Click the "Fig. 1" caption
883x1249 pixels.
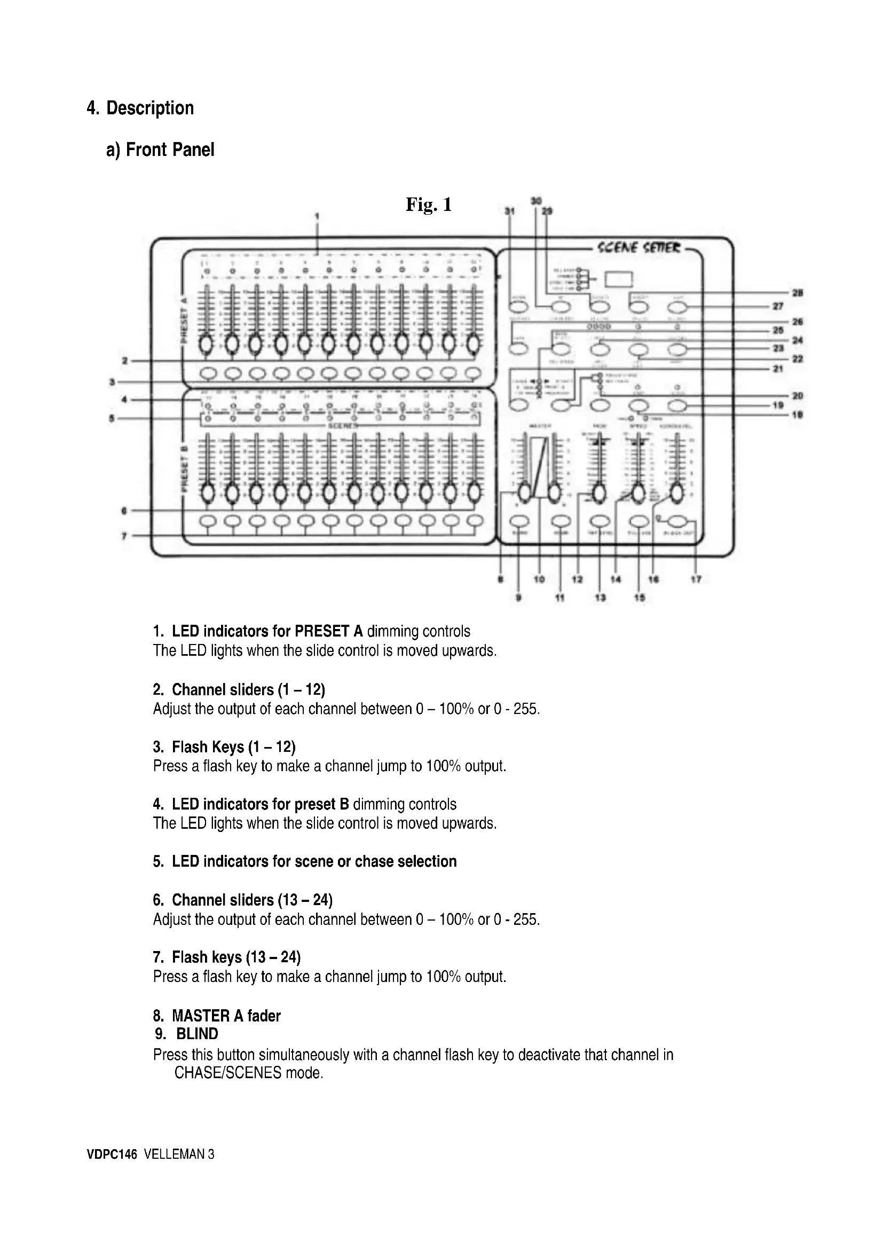click(429, 205)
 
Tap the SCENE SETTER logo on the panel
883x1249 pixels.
click(638, 248)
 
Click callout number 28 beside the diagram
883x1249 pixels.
click(798, 293)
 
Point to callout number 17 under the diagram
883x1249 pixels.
click(696, 580)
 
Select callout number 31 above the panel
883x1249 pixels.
click(509, 211)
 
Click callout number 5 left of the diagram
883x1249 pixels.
click(112, 418)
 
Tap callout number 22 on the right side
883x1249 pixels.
click(798, 359)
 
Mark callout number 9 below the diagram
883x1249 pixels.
click(519, 598)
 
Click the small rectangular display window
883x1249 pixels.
click(619, 279)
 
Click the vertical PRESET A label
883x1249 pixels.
click(184, 319)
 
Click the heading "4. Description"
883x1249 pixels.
click(140, 108)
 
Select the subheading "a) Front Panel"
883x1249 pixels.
click(160, 150)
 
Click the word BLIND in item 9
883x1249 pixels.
click(197, 1034)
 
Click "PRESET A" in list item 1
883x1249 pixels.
click(328, 631)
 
